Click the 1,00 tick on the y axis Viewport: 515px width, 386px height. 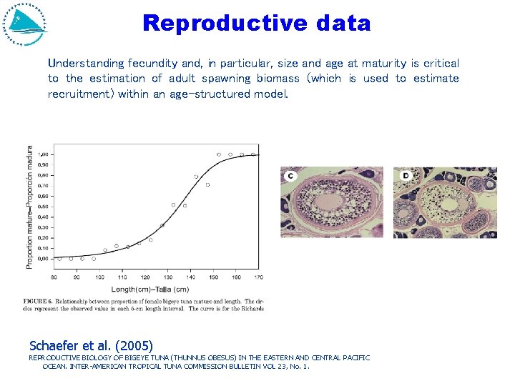[43, 154]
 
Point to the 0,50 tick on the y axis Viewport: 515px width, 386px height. [43, 207]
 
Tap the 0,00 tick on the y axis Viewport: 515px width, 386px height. [43, 259]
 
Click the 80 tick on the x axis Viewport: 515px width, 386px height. [54, 277]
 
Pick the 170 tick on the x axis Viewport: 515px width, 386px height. [257, 277]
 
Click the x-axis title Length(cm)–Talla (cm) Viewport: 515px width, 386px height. [149, 289]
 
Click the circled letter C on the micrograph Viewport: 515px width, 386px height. [290, 176]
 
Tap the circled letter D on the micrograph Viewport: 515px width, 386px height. [406, 175]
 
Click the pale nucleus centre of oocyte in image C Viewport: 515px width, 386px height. [331, 206]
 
